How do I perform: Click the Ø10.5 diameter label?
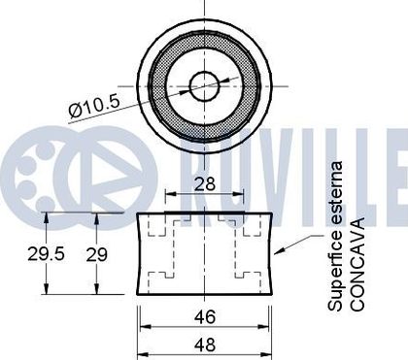tap(94, 107)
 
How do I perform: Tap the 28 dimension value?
tap(205, 183)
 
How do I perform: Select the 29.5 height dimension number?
tap(46, 253)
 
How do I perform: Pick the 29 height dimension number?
tap(96, 254)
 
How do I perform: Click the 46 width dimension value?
tap(205, 316)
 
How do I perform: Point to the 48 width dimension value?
tap(205, 344)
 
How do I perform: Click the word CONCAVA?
tap(357, 265)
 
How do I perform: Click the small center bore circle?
tap(205, 86)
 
